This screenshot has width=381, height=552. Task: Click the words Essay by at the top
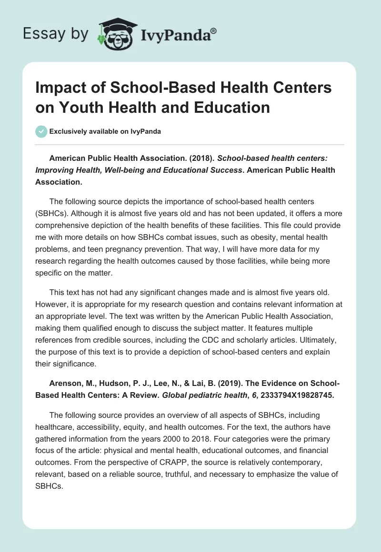[x=55, y=34]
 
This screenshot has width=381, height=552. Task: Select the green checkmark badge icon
[x=41, y=131]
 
